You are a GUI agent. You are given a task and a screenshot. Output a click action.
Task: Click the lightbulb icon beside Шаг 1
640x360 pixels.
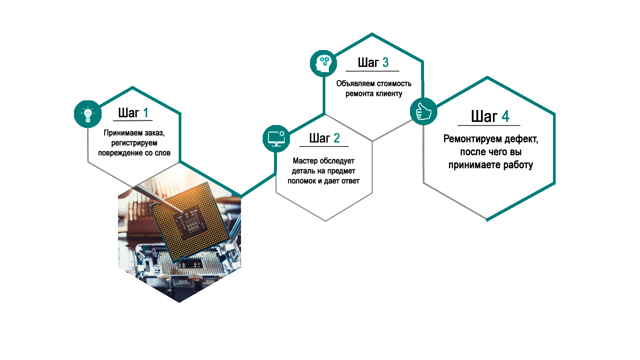tap(88, 114)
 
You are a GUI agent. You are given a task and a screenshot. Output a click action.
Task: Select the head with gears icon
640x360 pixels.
tap(323, 63)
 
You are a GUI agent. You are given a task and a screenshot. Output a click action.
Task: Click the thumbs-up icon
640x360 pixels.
tap(423, 111)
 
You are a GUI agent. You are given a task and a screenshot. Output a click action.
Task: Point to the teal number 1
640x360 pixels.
tap(145, 113)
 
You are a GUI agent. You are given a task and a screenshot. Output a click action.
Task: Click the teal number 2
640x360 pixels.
tap(337, 138)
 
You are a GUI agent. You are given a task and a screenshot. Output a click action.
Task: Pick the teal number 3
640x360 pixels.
tap(385, 62)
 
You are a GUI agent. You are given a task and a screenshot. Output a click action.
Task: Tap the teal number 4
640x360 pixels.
tap(505, 116)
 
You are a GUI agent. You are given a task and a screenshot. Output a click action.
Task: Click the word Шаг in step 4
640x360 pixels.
tap(484, 116)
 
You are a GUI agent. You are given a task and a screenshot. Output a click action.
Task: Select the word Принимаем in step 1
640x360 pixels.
tap(123, 133)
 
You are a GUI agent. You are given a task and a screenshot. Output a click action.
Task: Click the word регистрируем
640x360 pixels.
tap(134, 143)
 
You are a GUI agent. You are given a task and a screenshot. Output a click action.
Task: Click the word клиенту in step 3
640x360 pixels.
tap(389, 94)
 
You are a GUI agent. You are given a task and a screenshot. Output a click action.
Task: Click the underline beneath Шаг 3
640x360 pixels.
tap(372, 71)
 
